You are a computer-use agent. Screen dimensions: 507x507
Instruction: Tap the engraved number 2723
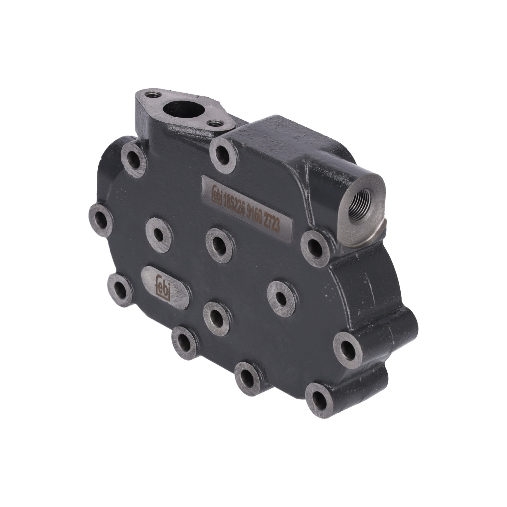coord(276,225)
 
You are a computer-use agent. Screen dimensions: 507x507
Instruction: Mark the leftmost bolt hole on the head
coord(100,220)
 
